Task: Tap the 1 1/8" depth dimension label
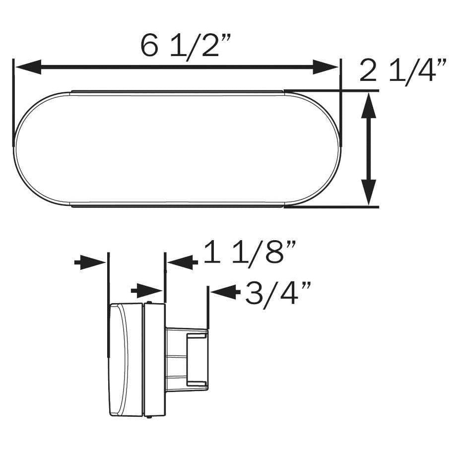point(249,253)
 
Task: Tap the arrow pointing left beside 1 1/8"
point(182,261)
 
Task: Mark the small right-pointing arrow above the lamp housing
point(146,290)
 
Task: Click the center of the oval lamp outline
point(177,148)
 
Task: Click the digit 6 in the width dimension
point(148,46)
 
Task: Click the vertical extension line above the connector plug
point(208,308)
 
